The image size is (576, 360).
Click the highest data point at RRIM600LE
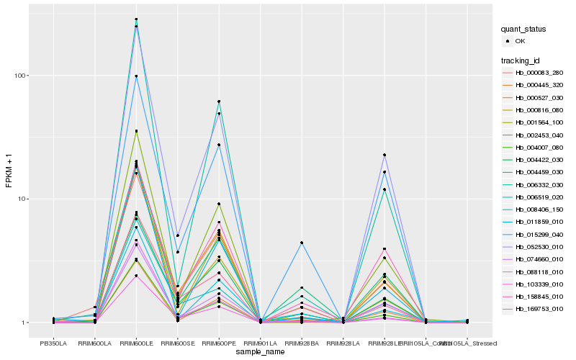click(x=136, y=19)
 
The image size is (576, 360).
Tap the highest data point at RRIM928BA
click(x=302, y=243)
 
